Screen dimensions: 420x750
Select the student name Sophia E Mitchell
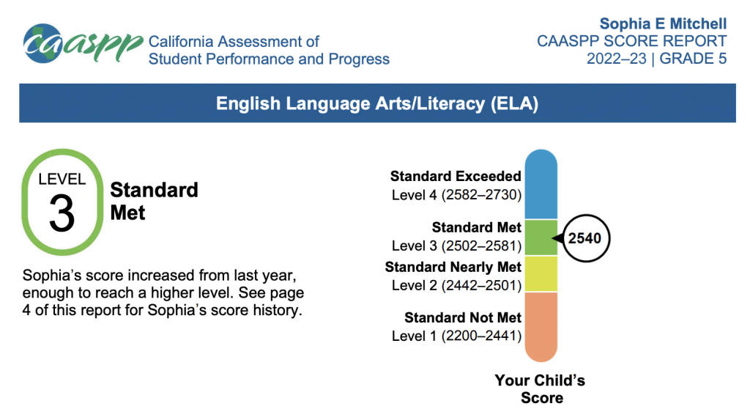point(663,23)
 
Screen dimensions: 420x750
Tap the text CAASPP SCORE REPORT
point(631,41)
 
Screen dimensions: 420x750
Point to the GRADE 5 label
point(693,59)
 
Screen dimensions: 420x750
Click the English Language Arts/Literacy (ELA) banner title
point(377,103)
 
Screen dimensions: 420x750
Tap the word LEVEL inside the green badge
point(62,179)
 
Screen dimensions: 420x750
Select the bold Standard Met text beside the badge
point(154,201)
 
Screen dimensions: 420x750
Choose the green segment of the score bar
point(541,237)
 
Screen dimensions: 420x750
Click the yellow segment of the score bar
point(541,273)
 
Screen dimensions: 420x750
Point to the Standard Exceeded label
point(456,176)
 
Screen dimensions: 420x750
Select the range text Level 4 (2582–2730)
point(456,194)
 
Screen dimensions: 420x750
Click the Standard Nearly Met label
point(453,267)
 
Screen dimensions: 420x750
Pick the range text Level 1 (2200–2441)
point(456,336)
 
